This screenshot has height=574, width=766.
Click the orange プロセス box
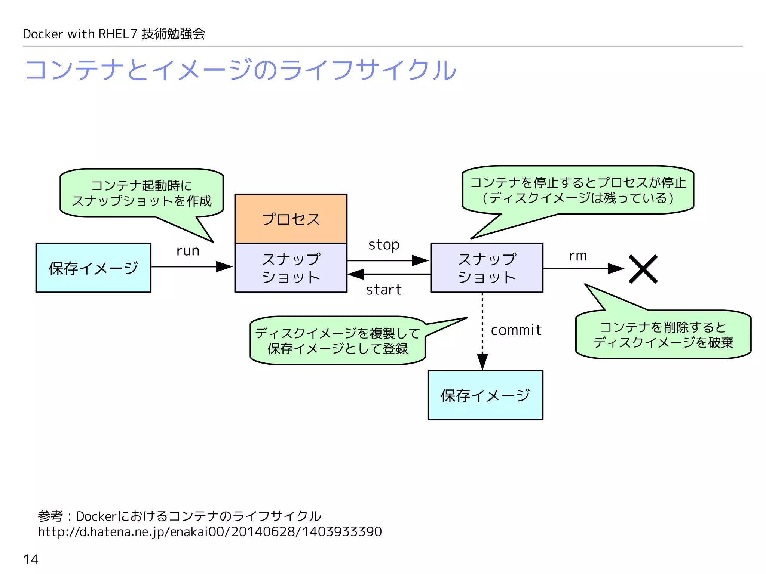(x=291, y=219)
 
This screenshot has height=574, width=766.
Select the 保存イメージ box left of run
(x=94, y=268)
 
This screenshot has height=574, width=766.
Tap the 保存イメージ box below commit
(x=485, y=395)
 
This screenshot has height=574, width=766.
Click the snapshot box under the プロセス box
(x=291, y=268)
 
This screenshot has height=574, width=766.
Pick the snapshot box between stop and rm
(x=487, y=268)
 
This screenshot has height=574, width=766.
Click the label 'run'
(x=188, y=251)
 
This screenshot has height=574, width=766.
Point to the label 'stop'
(x=384, y=245)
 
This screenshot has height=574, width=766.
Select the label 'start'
(x=383, y=290)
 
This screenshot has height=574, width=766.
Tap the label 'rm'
(x=577, y=256)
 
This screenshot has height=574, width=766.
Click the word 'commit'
(x=516, y=330)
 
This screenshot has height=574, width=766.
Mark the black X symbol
(x=643, y=269)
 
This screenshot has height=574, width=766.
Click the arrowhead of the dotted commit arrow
(x=482, y=361)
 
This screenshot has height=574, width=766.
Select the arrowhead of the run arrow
(x=224, y=266)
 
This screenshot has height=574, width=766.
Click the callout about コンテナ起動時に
(x=141, y=193)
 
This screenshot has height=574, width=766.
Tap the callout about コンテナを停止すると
(x=578, y=190)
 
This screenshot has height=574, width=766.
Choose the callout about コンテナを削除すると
(x=663, y=335)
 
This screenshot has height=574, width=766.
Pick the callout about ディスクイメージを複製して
(x=337, y=341)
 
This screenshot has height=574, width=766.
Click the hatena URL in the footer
(x=209, y=531)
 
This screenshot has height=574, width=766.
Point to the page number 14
(x=31, y=559)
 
